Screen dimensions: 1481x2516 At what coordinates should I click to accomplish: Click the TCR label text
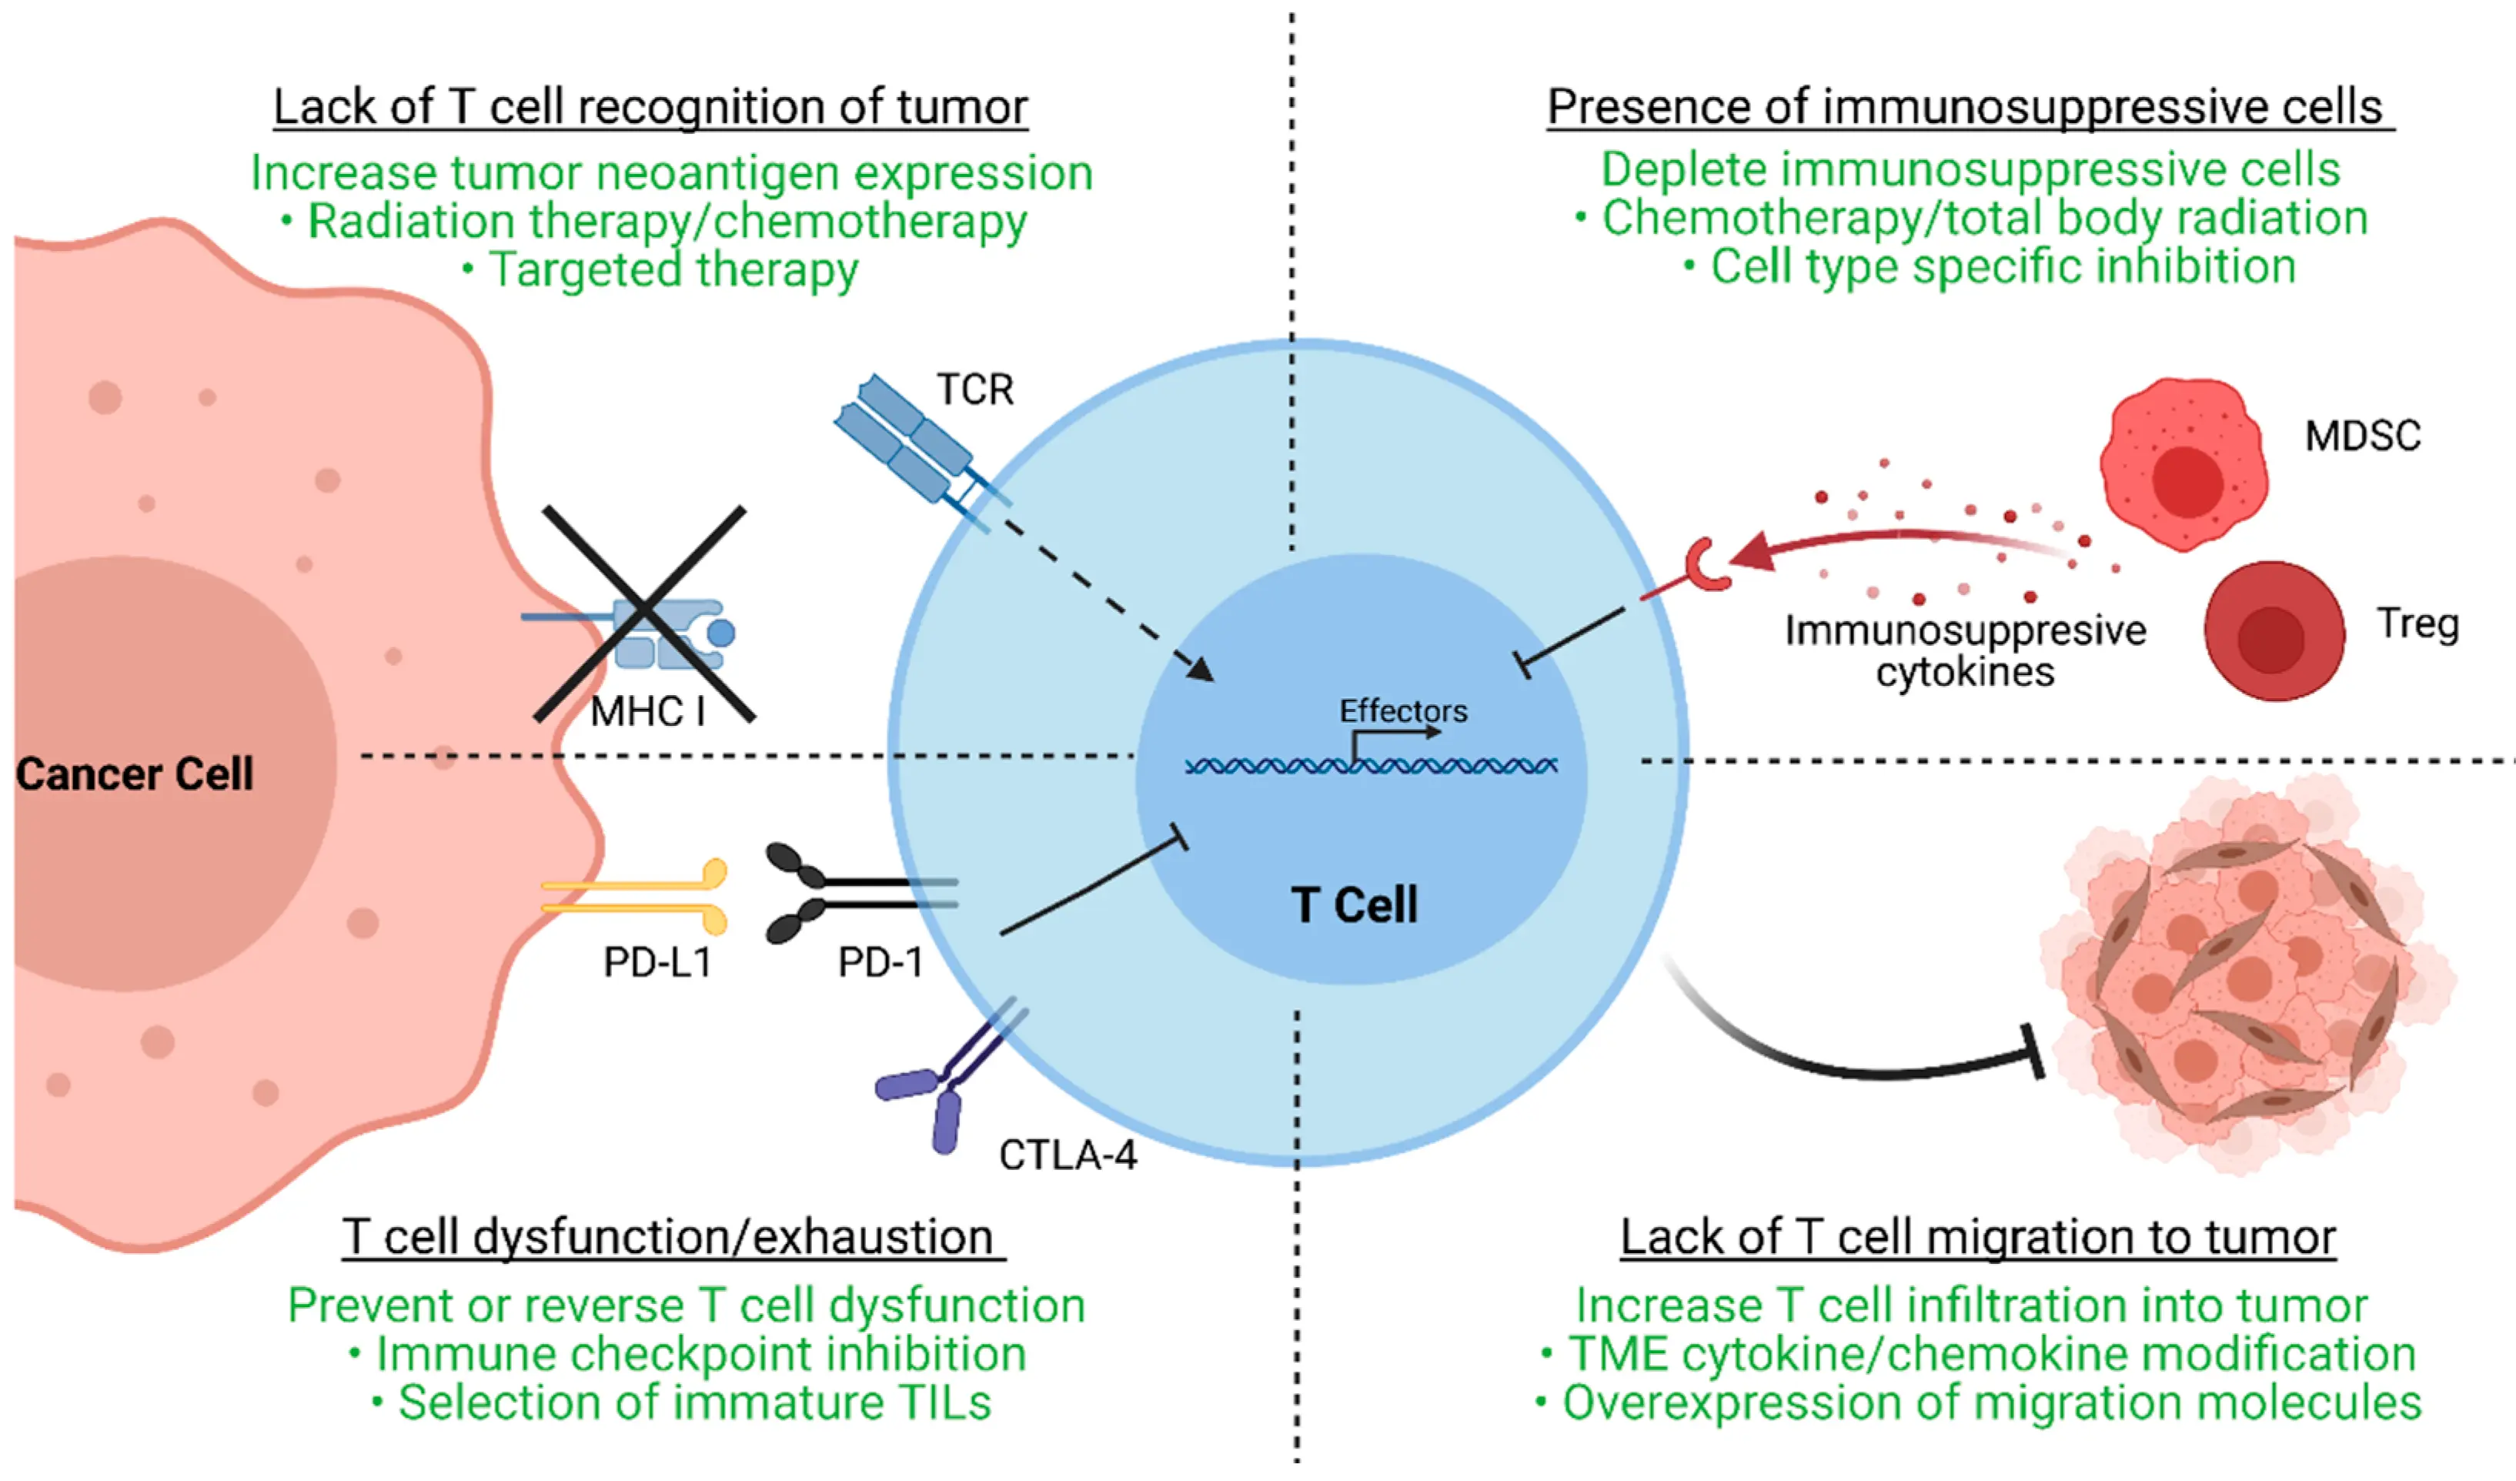pyautogui.click(x=974, y=389)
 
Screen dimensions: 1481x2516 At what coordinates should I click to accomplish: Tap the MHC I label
pyautogui.click(x=648, y=712)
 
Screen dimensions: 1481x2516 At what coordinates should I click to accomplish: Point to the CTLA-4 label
pyautogui.click(x=1068, y=1155)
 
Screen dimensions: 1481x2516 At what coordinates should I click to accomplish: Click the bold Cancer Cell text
pyautogui.click(x=135, y=774)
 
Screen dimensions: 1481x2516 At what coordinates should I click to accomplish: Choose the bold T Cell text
pyautogui.click(x=1354, y=904)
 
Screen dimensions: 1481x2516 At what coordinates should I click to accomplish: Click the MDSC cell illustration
pyautogui.click(x=2183, y=464)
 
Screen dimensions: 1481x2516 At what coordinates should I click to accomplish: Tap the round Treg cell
pyautogui.click(x=2274, y=631)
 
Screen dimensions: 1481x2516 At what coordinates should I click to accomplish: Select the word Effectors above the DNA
pyautogui.click(x=1403, y=711)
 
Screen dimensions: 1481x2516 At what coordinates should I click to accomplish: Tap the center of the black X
pyautogui.click(x=645, y=611)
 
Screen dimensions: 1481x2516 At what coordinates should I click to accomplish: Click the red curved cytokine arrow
pyautogui.click(x=1897, y=540)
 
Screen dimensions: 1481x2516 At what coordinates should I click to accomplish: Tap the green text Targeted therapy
pyautogui.click(x=672, y=269)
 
